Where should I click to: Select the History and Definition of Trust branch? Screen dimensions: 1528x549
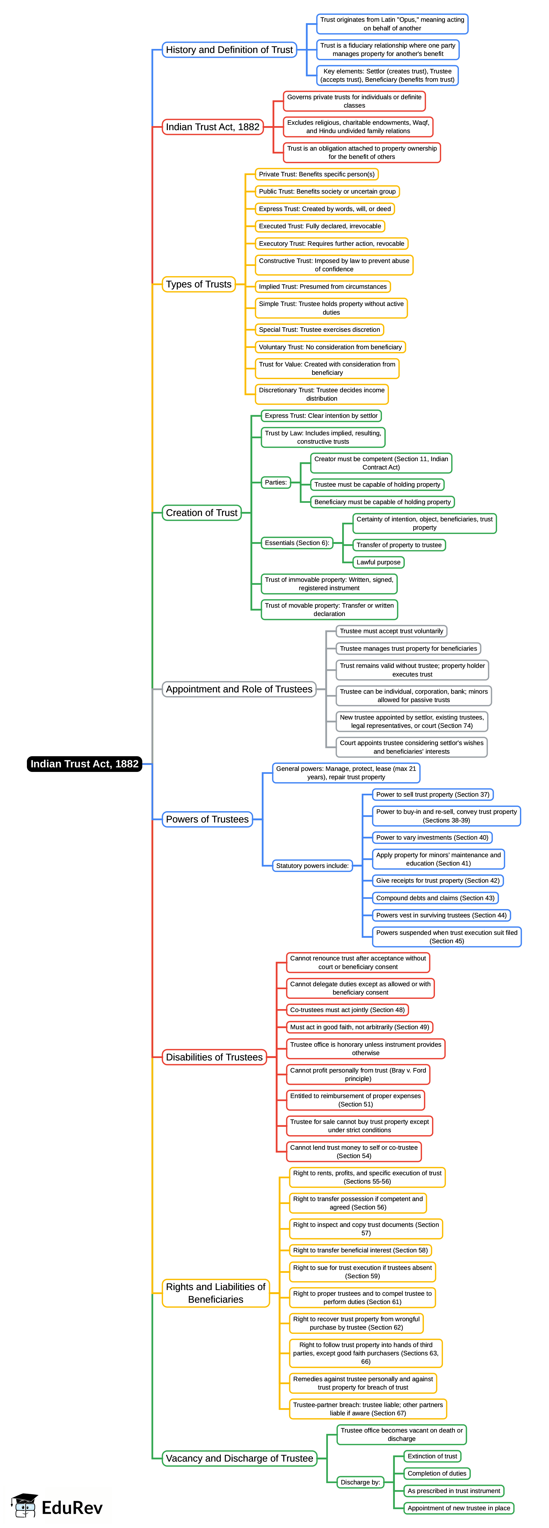click(229, 50)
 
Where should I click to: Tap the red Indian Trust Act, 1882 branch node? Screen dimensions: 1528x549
click(212, 127)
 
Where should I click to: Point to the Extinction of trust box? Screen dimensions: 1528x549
click(432, 1456)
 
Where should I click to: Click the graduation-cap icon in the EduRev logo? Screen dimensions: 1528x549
click(24, 1505)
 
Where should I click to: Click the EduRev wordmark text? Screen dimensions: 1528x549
click(72, 1507)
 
